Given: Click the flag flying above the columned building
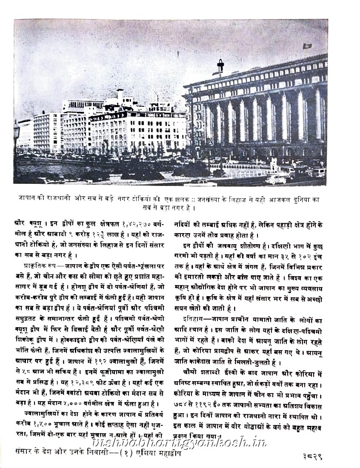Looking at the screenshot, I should click(x=307, y=46).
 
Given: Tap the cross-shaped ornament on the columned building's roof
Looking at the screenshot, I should click(x=220, y=66).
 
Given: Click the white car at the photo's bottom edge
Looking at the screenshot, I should click(x=200, y=182).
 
